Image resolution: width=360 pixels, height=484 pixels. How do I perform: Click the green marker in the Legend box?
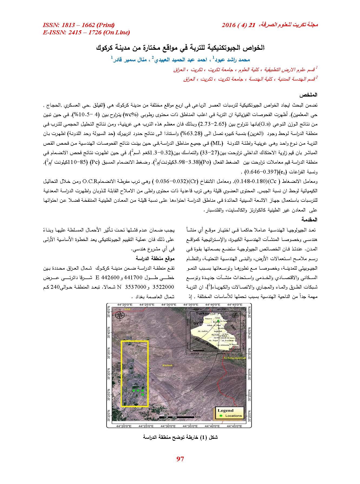click(221, 415)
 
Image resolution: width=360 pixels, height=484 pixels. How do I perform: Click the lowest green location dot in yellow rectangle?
click(142, 395)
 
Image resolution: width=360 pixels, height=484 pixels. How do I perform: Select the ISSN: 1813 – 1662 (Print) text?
click(78, 25)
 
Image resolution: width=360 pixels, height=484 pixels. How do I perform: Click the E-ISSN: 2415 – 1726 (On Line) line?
click(86, 32)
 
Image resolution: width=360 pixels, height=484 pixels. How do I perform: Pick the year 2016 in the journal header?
click(229, 25)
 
